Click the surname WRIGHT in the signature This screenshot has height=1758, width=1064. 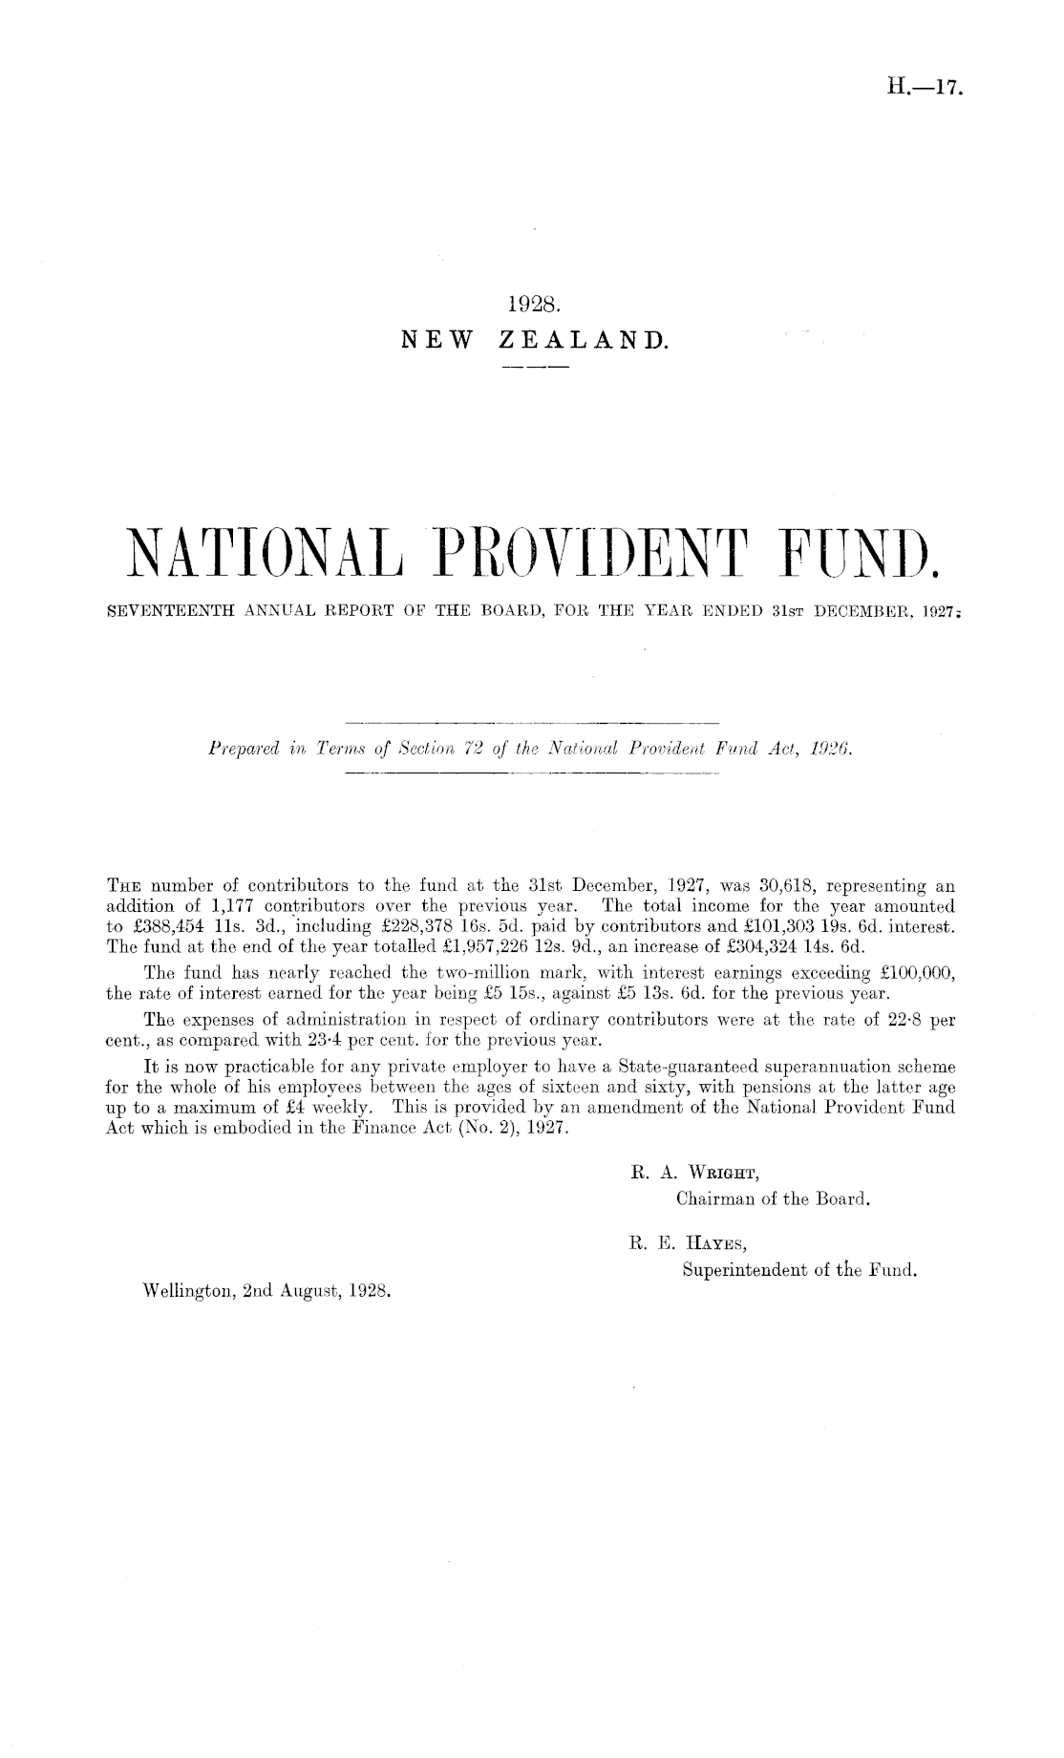[712, 1172]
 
